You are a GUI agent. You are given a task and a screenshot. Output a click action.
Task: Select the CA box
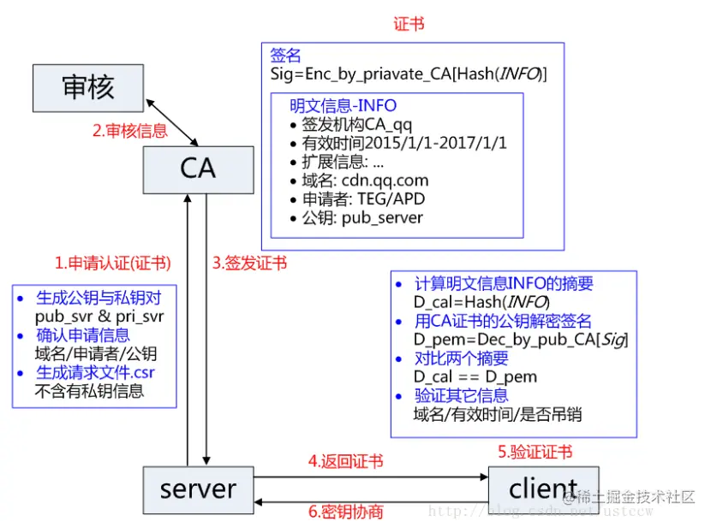pos(198,168)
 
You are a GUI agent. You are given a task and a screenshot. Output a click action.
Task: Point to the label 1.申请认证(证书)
pos(112,263)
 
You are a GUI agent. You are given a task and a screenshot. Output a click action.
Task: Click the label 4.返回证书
pos(345,461)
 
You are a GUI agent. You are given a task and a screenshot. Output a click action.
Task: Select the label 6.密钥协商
pos(345,512)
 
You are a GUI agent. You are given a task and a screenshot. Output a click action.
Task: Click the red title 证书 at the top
pos(409,25)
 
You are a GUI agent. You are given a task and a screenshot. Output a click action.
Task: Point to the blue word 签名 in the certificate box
pos(285,56)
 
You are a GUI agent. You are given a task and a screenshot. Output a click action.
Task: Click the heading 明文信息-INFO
pos(344,105)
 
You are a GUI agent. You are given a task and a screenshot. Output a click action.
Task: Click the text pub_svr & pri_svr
pos(99,317)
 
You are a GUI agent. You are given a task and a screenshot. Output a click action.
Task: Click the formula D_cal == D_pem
pos(475,376)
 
